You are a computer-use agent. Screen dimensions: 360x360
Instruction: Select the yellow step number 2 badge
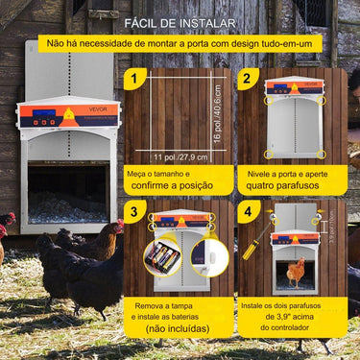(249, 80)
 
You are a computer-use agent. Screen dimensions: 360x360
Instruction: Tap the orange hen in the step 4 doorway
(297, 274)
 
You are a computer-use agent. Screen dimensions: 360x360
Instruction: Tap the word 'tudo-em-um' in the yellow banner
(288, 44)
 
